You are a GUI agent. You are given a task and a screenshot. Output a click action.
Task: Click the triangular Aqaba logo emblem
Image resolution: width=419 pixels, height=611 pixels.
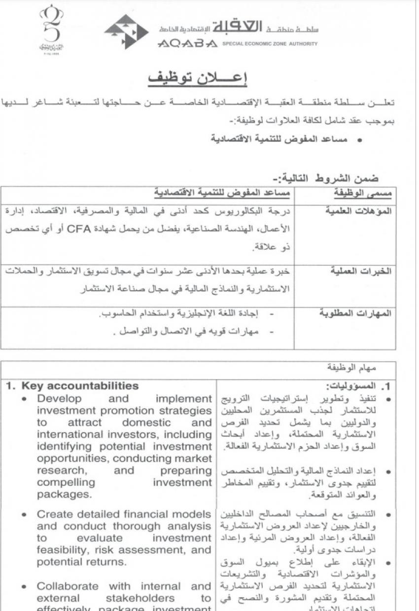tap(126, 32)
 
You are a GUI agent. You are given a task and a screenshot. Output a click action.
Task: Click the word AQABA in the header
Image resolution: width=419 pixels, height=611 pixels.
tap(187, 44)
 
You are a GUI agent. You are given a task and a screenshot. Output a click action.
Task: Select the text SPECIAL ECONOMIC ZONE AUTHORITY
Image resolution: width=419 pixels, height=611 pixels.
tap(270, 43)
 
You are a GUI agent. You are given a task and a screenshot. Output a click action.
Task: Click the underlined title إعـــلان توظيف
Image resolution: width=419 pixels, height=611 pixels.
tap(198, 79)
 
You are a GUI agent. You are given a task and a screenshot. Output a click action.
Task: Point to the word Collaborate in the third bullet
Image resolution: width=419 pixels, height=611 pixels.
tap(68, 586)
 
